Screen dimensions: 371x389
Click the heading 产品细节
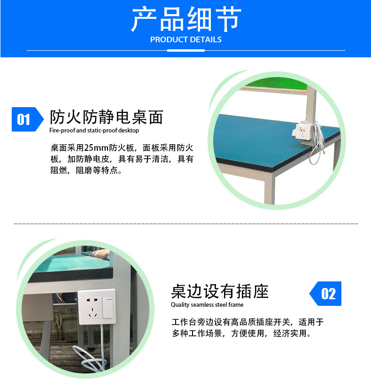coord(186,19)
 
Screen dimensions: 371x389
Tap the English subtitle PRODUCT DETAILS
coord(186,39)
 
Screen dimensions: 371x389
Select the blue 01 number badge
coord(28,119)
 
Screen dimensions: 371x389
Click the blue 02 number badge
coord(325,294)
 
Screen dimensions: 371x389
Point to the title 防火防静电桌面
coord(107,117)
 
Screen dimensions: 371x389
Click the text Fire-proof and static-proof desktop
coord(94,131)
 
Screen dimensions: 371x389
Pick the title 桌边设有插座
coord(220,291)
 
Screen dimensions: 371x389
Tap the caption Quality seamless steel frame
coord(207,304)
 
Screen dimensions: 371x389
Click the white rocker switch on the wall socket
coord(108,307)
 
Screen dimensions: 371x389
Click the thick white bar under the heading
coord(186,50)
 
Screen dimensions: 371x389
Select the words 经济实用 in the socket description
coord(290,333)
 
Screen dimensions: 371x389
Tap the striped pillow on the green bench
coord(100,254)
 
